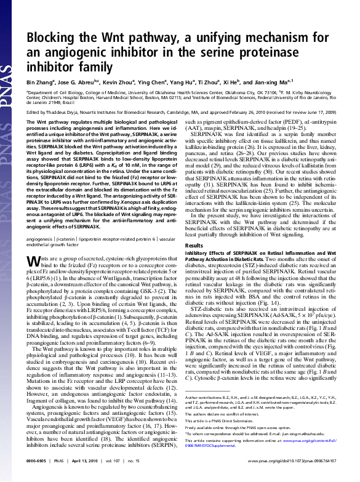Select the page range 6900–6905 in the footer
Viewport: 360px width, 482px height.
(x=38, y=476)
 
